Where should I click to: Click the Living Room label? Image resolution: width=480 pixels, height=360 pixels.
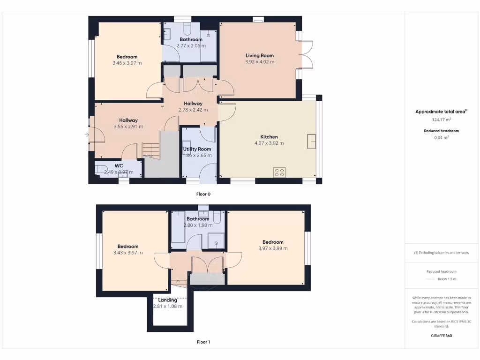[x=259, y=55]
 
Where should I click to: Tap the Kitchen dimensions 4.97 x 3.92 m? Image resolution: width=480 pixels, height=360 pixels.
[x=269, y=143]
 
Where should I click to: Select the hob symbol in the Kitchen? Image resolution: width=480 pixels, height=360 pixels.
[x=279, y=172]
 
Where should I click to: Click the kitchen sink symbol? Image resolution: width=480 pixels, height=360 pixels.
[x=311, y=141]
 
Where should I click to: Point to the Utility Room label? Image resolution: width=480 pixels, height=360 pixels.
[x=197, y=149]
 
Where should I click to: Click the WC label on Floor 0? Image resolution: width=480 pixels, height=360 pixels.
[x=119, y=165]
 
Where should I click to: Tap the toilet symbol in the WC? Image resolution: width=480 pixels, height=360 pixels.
[x=101, y=169]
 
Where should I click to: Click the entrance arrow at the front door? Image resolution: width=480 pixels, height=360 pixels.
[x=87, y=135]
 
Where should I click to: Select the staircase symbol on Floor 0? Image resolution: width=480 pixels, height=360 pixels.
[x=151, y=150]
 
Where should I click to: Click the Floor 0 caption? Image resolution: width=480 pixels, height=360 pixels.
[x=203, y=194]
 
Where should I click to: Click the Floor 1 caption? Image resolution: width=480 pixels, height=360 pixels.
[x=203, y=342]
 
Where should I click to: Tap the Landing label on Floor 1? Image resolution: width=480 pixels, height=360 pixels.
[x=167, y=300]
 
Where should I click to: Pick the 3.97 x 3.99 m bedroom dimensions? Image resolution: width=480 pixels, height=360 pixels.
[x=273, y=248]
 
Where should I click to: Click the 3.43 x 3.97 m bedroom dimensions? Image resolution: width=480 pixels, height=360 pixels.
[x=128, y=253]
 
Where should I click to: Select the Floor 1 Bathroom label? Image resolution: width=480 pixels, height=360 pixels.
[x=198, y=219]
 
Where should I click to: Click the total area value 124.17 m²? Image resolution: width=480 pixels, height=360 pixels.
[x=441, y=120]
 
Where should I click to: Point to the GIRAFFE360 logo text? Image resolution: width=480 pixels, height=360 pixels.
[x=441, y=336]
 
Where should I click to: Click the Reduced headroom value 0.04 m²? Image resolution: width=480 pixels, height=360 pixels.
[x=441, y=137]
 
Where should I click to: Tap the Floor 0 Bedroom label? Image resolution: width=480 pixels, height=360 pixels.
[x=127, y=57]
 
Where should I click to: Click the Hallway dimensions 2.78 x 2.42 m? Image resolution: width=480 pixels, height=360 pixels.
[x=193, y=110]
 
